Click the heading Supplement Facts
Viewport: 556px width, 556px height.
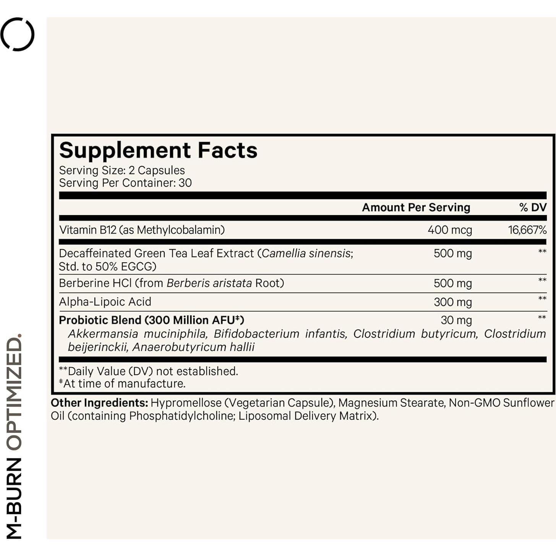tap(158, 150)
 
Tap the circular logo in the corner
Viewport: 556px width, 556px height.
tap(18, 34)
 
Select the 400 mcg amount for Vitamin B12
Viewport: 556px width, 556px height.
tap(450, 230)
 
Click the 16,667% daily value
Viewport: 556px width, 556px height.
tap(527, 230)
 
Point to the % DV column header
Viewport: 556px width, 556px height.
tap(533, 207)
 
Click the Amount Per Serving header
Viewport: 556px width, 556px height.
tap(416, 207)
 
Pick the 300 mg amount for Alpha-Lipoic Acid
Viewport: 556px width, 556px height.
tap(452, 302)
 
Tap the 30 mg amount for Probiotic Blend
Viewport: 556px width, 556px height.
tap(456, 320)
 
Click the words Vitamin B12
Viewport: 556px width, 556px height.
tap(88, 230)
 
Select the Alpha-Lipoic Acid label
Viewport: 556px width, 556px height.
tap(105, 302)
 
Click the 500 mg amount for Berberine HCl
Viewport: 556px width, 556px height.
tap(452, 284)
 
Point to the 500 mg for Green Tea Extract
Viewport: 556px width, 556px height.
tap(452, 254)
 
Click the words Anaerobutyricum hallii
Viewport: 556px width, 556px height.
tap(193, 347)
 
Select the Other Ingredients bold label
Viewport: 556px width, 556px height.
tap(99, 403)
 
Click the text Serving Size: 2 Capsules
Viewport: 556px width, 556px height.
tap(122, 170)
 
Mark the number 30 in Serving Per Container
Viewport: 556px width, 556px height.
tap(185, 183)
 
